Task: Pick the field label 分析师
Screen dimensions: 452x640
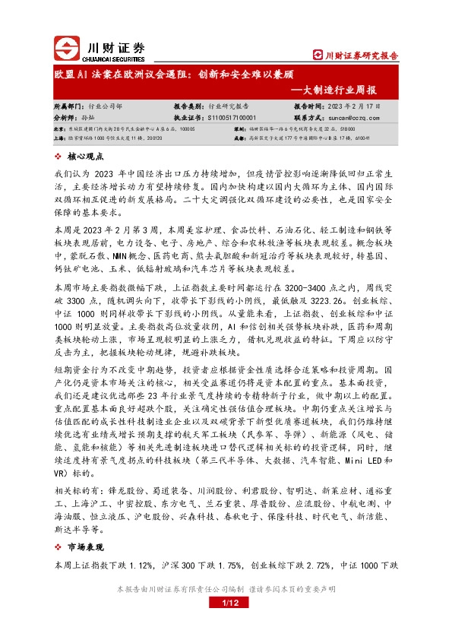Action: [65, 119]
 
